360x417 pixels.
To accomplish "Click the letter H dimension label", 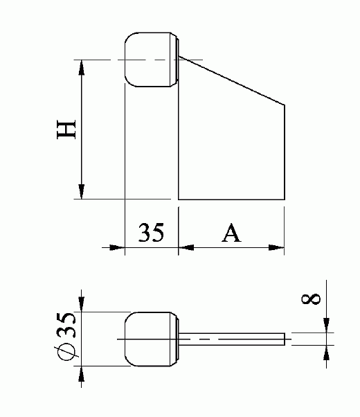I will [66, 130].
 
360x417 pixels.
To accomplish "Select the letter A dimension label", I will [231, 233].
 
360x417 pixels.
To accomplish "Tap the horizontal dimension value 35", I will [151, 233].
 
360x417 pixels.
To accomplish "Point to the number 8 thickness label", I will [312, 299].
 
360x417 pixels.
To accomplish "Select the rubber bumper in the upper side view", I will [150, 60].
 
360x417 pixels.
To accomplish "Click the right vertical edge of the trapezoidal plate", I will [285, 152].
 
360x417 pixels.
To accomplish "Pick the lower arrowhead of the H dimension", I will [82, 192].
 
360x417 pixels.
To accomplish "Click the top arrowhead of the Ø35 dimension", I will [82, 304].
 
